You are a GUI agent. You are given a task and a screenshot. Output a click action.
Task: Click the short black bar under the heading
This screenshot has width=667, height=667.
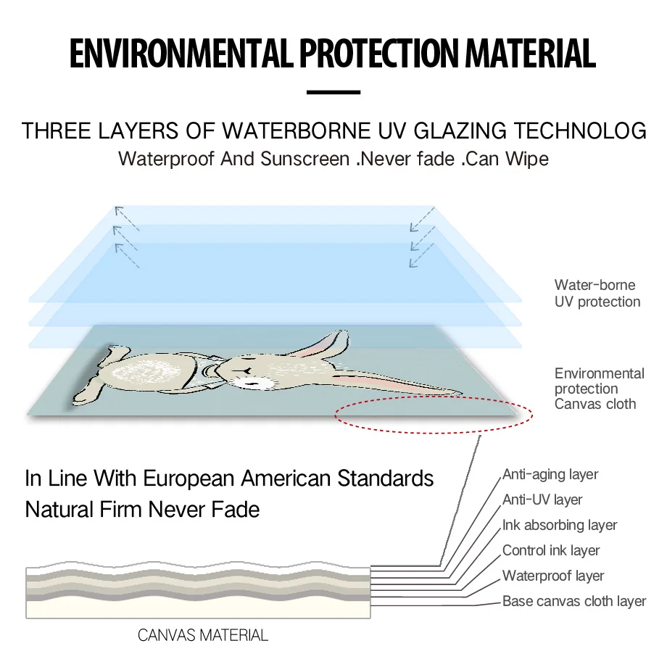tap(333, 92)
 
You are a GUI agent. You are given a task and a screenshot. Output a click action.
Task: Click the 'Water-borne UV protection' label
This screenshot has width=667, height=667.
tap(597, 294)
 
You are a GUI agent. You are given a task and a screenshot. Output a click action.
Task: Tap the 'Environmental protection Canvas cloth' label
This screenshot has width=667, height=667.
tap(599, 389)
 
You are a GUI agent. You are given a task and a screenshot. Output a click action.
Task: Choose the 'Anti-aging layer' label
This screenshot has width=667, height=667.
tap(550, 475)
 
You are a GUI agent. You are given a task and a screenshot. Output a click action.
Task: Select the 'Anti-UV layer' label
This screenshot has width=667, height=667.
tap(542, 500)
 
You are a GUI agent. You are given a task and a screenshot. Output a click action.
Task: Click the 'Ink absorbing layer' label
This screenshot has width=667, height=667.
tap(560, 526)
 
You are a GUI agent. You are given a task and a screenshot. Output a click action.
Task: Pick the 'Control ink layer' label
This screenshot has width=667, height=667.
tap(551, 551)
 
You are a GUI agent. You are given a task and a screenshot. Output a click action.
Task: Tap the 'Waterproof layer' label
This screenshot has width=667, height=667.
tap(553, 576)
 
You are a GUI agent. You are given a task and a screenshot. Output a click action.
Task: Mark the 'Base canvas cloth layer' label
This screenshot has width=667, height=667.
tap(573, 602)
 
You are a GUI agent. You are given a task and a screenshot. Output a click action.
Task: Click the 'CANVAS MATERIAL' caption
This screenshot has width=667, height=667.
tap(203, 636)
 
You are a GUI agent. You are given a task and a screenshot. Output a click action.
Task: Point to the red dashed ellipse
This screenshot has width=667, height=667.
tap(434, 415)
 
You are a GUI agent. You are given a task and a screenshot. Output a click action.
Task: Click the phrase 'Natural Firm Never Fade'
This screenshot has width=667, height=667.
tap(142, 509)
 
